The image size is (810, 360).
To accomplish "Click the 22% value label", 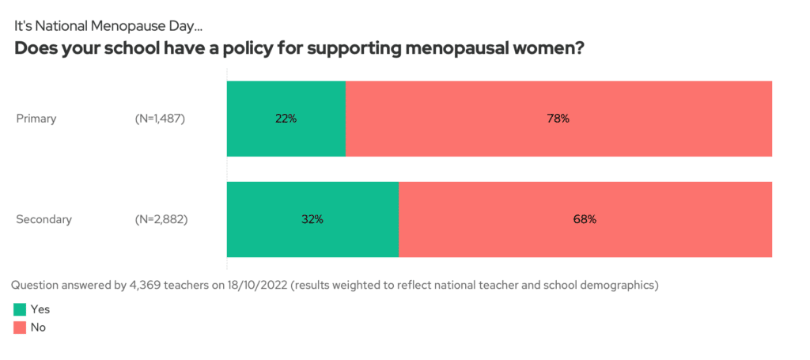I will click(x=286, y=119).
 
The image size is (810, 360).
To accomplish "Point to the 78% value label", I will click(x=558, y=119).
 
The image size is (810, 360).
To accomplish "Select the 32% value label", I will click(x=312, y=219).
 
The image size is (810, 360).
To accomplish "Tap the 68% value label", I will click(x=585, y=219).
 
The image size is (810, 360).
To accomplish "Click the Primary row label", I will click(x=36, y=119).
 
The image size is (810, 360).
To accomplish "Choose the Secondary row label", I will click(x=44, y=219).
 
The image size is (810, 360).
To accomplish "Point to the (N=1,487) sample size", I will click(x=161, y=119).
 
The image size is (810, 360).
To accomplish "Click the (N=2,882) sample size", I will click(x=161, y=219).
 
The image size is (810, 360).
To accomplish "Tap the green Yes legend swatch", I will click(x=21, y=309).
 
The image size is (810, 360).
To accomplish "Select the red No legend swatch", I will click(x=21, y=327).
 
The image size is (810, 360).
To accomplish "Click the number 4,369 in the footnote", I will click(x=143, y=285).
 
